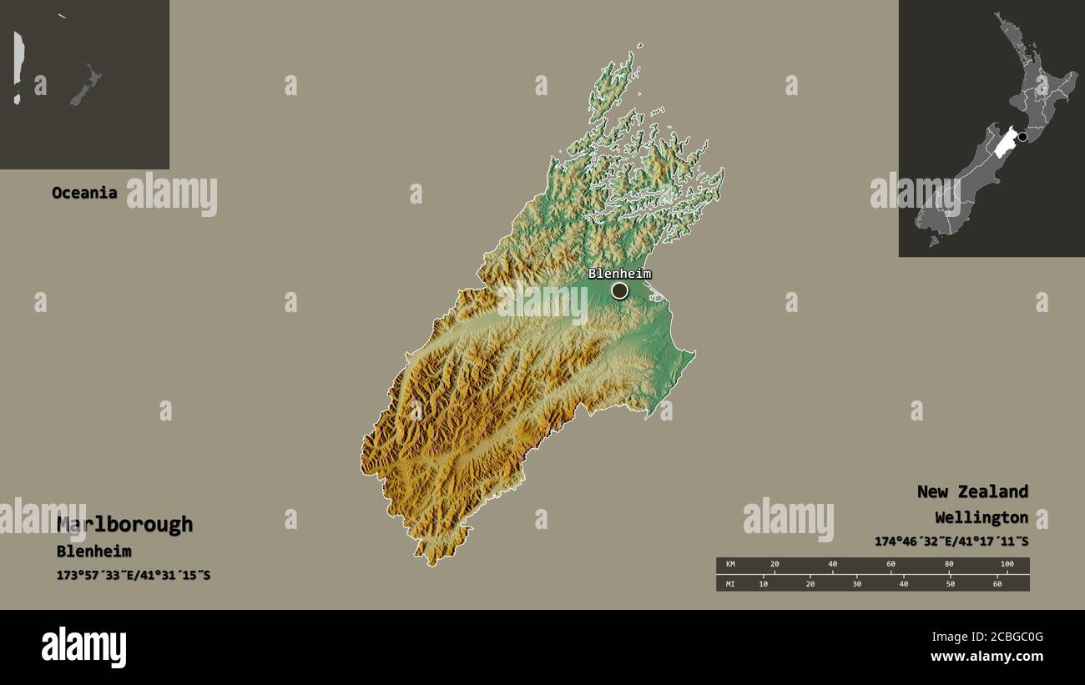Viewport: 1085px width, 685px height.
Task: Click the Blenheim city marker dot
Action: (x=619, y=290)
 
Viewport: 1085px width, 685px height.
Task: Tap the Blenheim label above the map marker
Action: (x=619, y=273)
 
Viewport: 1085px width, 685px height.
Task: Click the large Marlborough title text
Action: (x=124, y=525)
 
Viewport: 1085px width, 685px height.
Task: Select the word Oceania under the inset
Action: (x=84, y=193)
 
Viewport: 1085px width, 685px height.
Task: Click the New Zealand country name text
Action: (x=972, y=491)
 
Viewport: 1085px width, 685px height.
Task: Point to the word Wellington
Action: (x=982, y=517)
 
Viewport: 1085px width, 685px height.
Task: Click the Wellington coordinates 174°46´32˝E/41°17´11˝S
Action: (x=951, y=541)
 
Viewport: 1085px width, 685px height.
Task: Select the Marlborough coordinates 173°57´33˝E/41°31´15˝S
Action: (x=134, y=575)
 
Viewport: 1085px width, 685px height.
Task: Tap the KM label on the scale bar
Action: (x=730, y=565)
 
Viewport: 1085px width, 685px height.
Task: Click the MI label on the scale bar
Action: (x=730, y=583)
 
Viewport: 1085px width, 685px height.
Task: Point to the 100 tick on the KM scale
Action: (x=1007, y=565)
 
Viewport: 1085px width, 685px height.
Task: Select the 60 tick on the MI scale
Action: (x=997, y=583)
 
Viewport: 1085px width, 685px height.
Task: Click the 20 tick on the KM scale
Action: (x=775, y=565)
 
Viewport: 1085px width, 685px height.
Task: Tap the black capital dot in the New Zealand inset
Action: (x=1022, y=137)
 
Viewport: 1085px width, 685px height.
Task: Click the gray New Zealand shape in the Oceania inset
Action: (x=85, y=86)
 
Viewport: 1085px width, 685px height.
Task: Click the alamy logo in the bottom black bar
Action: (x=84, y=647)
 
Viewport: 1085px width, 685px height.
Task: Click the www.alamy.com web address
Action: (x=987, y=657)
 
